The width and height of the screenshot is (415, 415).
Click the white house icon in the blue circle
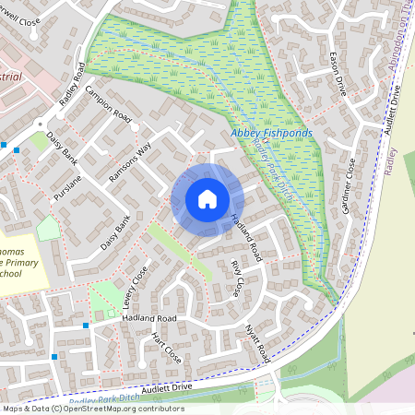click(207, 199)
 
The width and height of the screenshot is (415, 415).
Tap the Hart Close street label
click(166, 347)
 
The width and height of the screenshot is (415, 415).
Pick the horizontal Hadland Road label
click(148, 318)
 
